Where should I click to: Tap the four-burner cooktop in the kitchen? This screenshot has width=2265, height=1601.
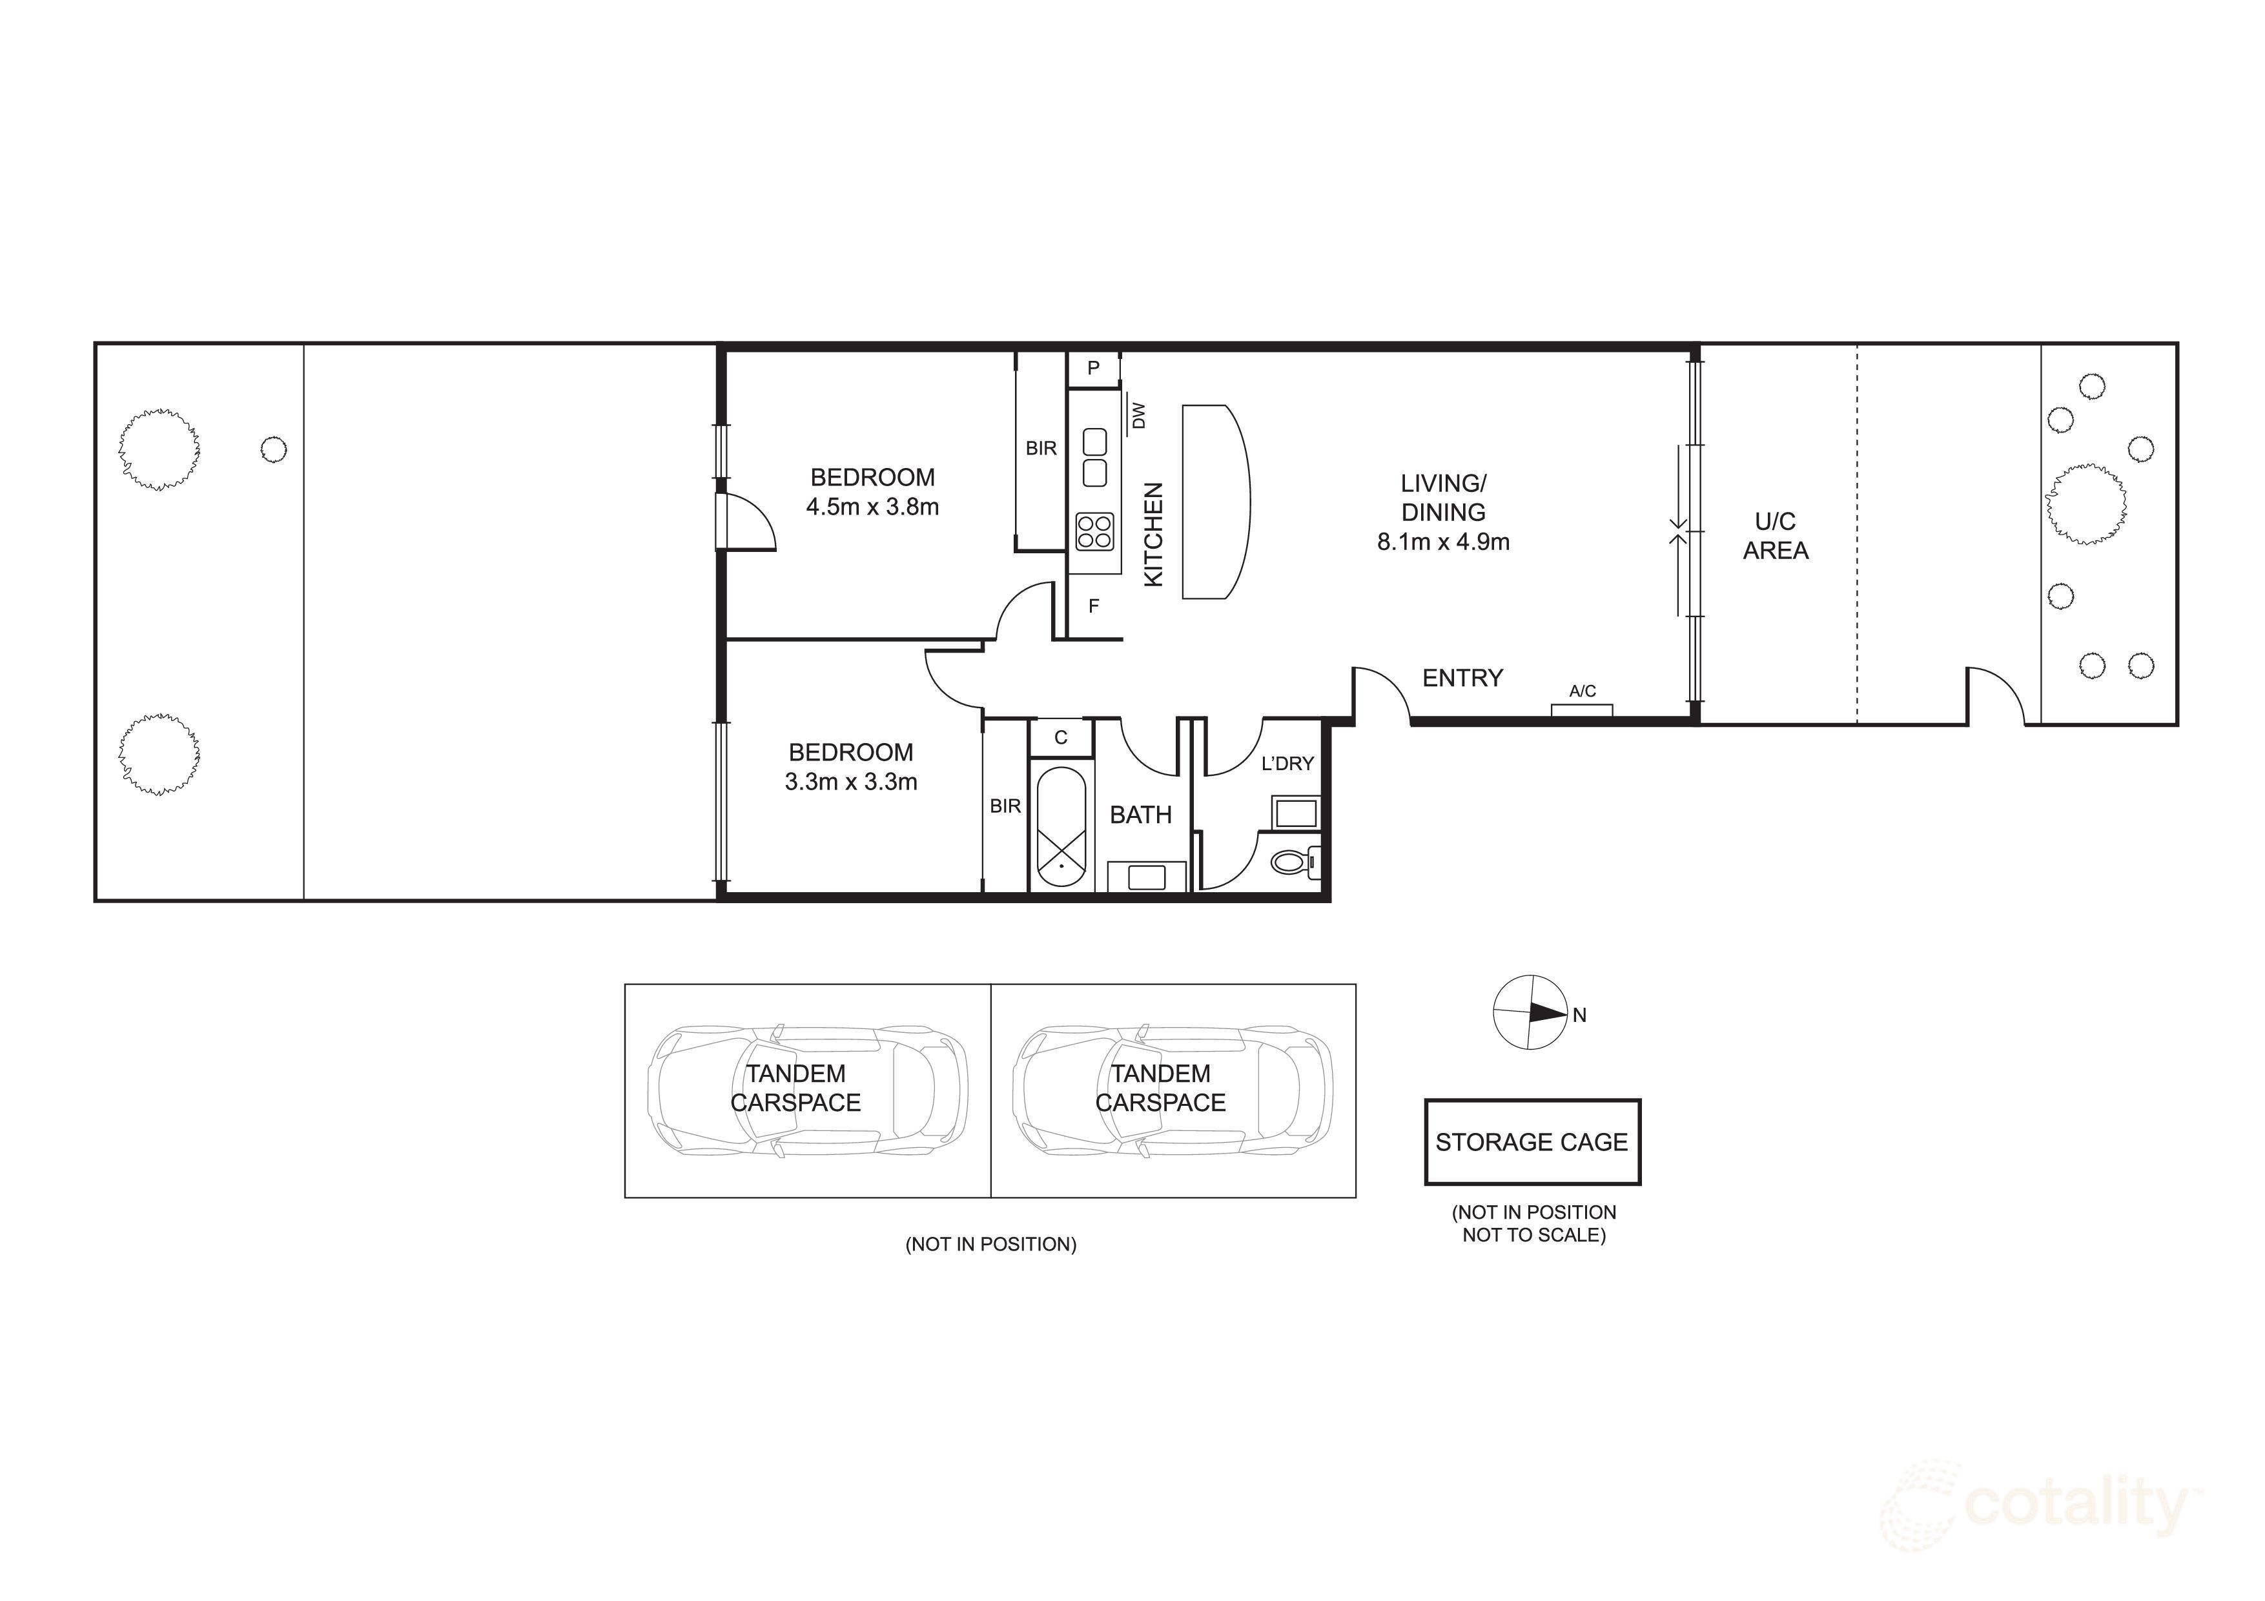click(x=1094, y=531)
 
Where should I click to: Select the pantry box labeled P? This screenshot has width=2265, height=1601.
click(x=1093, y=369)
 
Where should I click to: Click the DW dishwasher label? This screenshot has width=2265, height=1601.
click(x=1138, y=415)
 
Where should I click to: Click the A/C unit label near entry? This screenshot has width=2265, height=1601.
click(x=1583, y=691)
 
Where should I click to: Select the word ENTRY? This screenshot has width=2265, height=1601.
click(x=1462, y=678)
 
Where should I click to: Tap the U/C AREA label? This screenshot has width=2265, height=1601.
click(x=1775, y=536)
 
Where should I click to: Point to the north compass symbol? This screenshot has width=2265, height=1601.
click(x=1530, y=1013)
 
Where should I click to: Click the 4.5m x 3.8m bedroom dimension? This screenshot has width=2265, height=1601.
click(x=872, y=507)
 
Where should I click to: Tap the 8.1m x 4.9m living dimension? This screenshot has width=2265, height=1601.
click(x=1443, y=542)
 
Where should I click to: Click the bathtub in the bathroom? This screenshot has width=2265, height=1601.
click(x=1060, y=829)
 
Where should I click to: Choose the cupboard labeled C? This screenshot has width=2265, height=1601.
click(x=1060, y=737)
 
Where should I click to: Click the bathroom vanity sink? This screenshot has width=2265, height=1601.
click(x=1146, y=876)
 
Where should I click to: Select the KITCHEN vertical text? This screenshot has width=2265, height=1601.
click(x=1153, y=534)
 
